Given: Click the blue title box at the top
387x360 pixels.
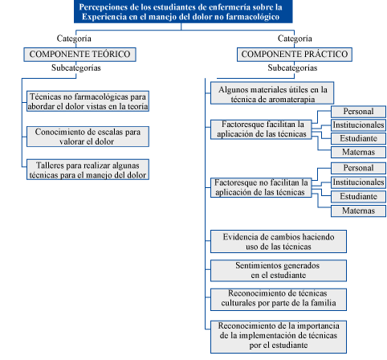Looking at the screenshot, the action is (x=183, y=11).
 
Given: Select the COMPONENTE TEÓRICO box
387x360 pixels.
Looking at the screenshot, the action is (x=79, y=55).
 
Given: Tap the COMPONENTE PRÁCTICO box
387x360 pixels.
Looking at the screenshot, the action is (x=295, y=55).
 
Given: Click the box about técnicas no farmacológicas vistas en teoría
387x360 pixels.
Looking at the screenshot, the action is (x=88, y=101).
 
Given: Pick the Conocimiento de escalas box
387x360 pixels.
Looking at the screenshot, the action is (x=88, y=137).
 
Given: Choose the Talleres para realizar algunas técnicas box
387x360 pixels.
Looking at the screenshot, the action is (x=88, y=170).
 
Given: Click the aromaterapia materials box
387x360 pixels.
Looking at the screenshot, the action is (x=272, y=93).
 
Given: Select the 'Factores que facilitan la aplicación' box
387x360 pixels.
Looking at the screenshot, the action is (x=261, y=129).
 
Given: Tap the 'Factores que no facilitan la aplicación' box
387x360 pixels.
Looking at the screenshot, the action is (x=261, y=187).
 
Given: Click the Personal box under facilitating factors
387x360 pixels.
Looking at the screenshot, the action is (x=358, y=112).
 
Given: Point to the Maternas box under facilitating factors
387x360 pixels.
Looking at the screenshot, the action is (x=358, y=152).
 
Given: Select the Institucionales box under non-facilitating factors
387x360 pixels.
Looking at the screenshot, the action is (x=358, y=182).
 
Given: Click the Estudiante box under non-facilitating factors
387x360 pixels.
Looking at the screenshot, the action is (x=358, y=196).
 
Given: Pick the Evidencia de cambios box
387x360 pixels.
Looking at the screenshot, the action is (x=279, y=241).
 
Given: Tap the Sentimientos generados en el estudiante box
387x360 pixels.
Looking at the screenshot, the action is (x=279, y=271).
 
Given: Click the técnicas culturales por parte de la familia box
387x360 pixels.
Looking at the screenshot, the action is (x=279, y=300).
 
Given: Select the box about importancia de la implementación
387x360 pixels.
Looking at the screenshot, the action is (x=279, y=337).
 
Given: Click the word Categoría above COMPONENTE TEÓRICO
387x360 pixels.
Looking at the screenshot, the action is (x=74, y=39).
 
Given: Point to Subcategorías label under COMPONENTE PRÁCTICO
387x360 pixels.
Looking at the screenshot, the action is (x=292, y=67).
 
